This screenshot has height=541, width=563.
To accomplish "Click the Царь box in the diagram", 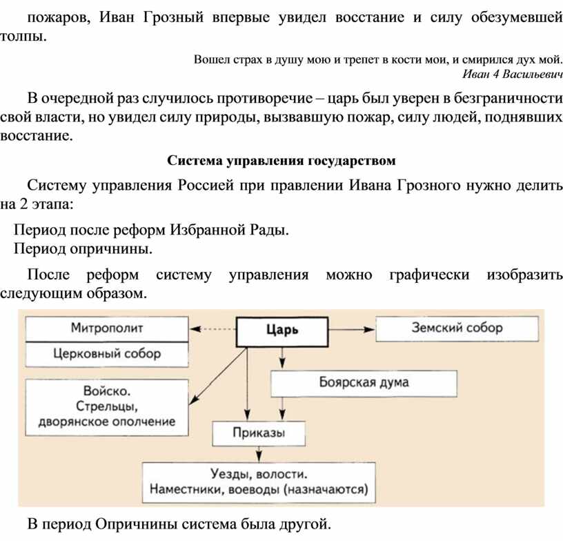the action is [x=282, y=332].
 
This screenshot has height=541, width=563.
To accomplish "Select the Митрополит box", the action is [x=107, y=328].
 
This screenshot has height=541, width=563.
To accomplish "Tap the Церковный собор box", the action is [x=107, y=354].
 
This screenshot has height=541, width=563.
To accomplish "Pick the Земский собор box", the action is [x=457, y=328].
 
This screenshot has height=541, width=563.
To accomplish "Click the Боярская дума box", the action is [x=364, y=384].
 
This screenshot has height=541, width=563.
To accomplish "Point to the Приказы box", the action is [x=259, y=433].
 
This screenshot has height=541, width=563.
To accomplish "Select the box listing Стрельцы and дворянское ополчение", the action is [x=107, y=407].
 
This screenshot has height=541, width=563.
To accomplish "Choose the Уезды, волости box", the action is [x=259, y=482].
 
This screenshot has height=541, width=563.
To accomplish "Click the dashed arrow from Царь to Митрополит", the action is [x=213, y=329].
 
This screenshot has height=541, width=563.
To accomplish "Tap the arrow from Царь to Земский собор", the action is [x=352, y=330].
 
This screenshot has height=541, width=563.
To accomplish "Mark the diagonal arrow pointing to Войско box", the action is [x=218, y=376].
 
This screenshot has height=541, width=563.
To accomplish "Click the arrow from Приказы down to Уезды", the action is [x=259, y=454].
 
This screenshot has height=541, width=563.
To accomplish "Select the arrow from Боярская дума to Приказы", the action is [x=282, y=409].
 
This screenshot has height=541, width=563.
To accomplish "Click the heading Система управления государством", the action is [x=281, y=161].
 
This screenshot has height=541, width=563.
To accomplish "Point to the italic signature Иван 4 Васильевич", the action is [x=513, y=74].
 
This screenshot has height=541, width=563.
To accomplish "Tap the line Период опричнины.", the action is [x=83, y=248].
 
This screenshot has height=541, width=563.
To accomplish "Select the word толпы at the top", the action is [x=23, y=37].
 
